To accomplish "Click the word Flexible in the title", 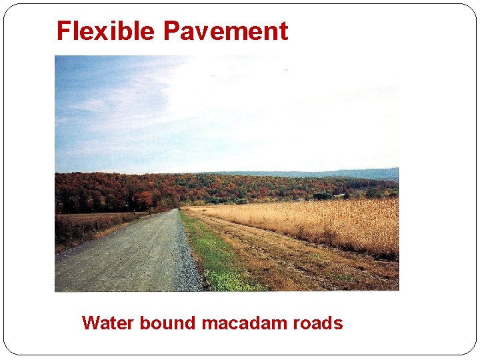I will (x=107, y=31).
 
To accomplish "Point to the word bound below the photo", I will (x=167, y=323).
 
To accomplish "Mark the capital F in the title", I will (x=63, y=31).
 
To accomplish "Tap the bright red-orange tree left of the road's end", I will (x=144, y=198).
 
